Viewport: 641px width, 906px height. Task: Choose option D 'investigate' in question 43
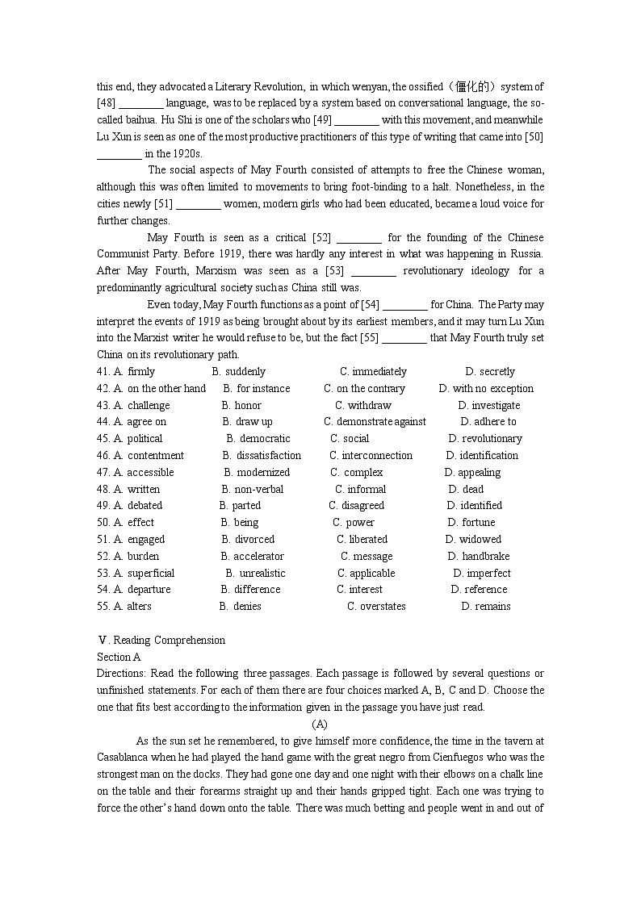(496, 406)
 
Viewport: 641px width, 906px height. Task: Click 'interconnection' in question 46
(377, 456)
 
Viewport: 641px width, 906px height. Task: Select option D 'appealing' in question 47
(479, 473)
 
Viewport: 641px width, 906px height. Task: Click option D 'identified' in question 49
(481, 506)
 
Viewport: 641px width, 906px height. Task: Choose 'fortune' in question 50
(479, 523)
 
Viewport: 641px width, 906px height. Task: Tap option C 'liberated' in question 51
(368, 540)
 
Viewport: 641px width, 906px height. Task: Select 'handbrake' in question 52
(485, 557)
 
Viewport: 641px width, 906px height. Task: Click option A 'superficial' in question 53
(150, 574)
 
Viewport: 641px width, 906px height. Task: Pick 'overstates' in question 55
(383, 607)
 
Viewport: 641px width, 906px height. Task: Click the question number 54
(103, 590)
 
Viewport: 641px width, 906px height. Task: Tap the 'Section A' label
(119, 658)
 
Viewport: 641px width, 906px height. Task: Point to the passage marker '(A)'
(320, 724)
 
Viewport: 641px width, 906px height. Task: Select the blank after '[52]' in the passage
(358, 238)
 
